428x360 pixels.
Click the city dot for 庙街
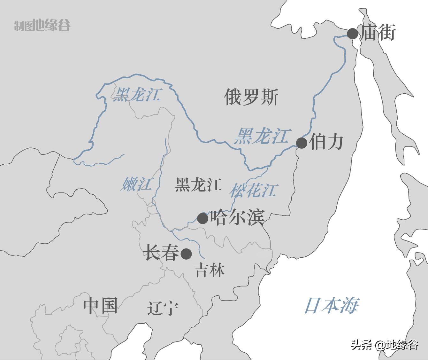[353, 34]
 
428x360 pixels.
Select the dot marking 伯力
[302, 143]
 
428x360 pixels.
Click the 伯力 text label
[326, 142]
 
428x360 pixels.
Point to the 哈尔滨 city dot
[203, 218]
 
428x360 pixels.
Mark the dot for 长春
[186, 254]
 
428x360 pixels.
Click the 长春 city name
[162, 253]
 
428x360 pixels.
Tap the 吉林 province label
[210, 270]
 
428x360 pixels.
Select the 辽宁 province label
[163, 309]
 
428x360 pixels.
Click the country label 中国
[100, 305]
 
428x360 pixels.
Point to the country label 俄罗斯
[251, 97]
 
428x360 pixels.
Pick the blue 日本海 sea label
[331, 305]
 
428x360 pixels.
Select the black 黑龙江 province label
[198, 185]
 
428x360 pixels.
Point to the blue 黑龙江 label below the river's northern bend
[136, 94]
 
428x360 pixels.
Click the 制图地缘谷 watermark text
[42, 25]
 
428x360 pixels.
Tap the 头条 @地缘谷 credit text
[385, 345]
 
